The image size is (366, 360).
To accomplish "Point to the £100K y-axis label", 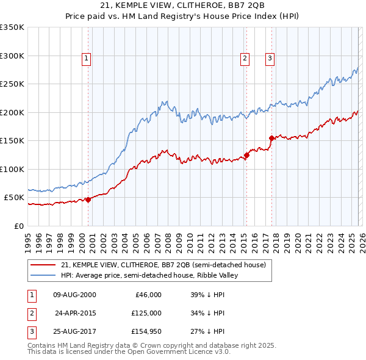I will (12, 169).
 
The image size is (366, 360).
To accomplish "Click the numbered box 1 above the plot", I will (87, 59).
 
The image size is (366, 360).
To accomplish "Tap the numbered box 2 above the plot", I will (245, 59).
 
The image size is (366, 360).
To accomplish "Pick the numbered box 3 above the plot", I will (270, 59).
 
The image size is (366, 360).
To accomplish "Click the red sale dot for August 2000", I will (88, 200).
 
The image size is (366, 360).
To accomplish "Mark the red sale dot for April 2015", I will (246, 155).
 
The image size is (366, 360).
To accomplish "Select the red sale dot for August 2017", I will (271, 138).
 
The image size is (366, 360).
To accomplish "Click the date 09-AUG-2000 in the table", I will (74, 294).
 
